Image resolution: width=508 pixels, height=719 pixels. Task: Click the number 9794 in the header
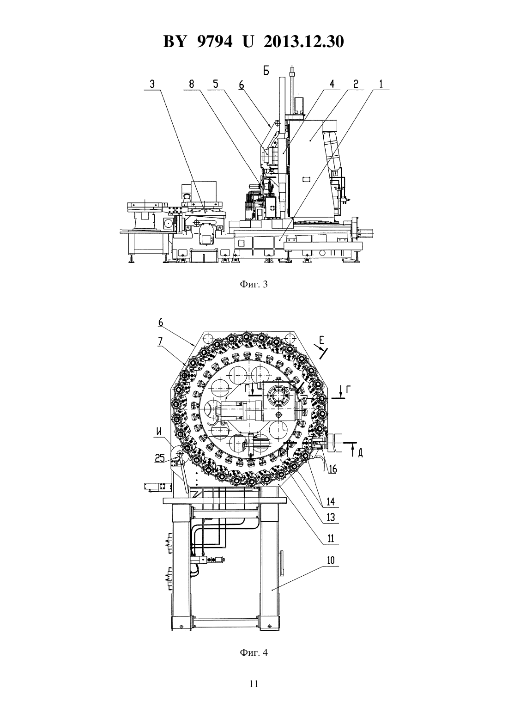pyautogui.click(x=214, y=42)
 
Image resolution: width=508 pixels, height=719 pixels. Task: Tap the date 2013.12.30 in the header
pyautogui.click(x=303, y=42)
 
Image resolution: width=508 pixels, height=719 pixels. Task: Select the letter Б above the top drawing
pyautogui.click(x=266, y=71)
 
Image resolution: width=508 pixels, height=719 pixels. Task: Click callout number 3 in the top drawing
pyautogui.click(x=152, y=84)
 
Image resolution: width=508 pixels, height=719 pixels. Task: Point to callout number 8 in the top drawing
pyautogui.click(x=192, y=84)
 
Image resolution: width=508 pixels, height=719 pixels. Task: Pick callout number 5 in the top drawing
pyautogui.click(x=216, y=84)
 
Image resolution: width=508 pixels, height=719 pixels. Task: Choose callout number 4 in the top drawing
pyautogui.click(x=332, y=84)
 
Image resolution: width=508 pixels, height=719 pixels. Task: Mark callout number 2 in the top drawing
pyautogui.click(x=356, y=84)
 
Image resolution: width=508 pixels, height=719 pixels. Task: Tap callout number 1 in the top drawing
pyautogui.click(x=381, y=84)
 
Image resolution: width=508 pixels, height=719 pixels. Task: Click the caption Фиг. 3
pyautogui.click(x=254, y=284)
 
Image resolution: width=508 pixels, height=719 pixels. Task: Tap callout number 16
pyautogui.click(x=332, y=469)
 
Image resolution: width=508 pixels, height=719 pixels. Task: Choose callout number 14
pyautogui.click(x=330, y=501)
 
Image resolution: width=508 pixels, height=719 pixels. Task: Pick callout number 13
pyautogui.click(x=330, y=518)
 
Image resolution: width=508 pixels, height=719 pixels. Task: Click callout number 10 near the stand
pyautogui.click(x=330, y=561)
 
